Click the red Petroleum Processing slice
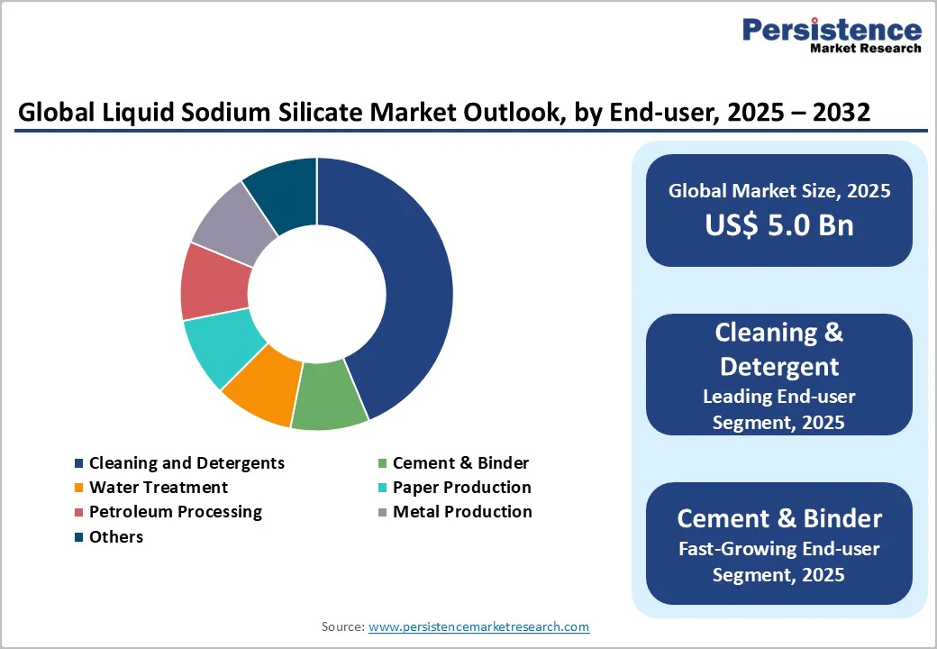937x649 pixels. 214,279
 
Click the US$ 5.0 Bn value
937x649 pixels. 779,224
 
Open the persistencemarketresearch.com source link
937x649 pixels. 478,626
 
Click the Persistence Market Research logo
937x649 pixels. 831,36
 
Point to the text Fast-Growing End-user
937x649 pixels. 779,549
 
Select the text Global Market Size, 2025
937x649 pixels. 779,190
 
